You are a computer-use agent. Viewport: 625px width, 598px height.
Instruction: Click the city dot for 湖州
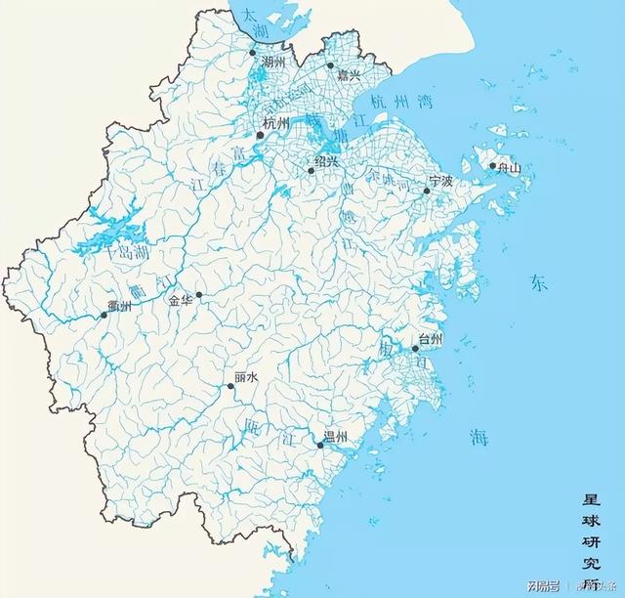(252, 53)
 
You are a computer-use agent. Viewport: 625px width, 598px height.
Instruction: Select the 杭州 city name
(277, 123)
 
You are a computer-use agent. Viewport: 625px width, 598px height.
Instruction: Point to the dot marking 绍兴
(312, 171)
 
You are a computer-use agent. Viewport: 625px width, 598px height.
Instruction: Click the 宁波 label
(441, 181)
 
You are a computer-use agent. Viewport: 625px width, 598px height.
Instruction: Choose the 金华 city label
(181, 301)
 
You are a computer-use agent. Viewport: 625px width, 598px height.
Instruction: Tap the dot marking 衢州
(104, 315)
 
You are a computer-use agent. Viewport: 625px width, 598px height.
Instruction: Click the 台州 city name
(431, 339)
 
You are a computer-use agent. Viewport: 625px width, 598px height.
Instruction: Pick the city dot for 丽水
(231, 386)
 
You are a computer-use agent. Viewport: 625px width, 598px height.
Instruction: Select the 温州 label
(336, 436)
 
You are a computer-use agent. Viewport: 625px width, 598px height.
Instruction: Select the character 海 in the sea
(478, 437)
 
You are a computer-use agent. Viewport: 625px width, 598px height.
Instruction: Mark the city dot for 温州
(320, 446)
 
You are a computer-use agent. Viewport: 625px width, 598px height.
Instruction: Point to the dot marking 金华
(199, 294)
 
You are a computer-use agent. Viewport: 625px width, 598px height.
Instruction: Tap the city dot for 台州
(415, 349)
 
